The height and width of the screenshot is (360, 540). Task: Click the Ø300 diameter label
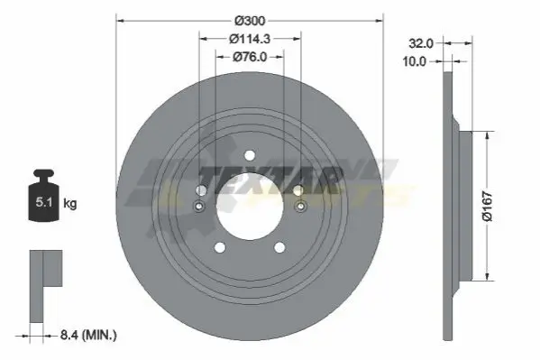click(x=250, y=21)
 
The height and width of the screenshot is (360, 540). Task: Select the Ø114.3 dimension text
click(x=250, y=39)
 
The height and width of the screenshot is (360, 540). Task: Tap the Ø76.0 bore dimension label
click(x=250, y=57)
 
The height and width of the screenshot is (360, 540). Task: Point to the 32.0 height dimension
click(x=420, y=43)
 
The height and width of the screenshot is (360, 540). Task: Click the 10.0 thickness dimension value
click(x=415, y=61)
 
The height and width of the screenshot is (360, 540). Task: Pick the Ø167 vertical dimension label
click(x=488, y=206)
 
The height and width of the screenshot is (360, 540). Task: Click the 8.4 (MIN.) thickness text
click(x=88, y=335)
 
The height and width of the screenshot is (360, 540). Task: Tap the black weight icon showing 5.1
click(x=44, y=195)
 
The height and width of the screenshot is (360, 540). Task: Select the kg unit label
click(x=70, y=203)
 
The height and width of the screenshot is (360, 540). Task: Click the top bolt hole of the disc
click(x=250, y=155)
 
